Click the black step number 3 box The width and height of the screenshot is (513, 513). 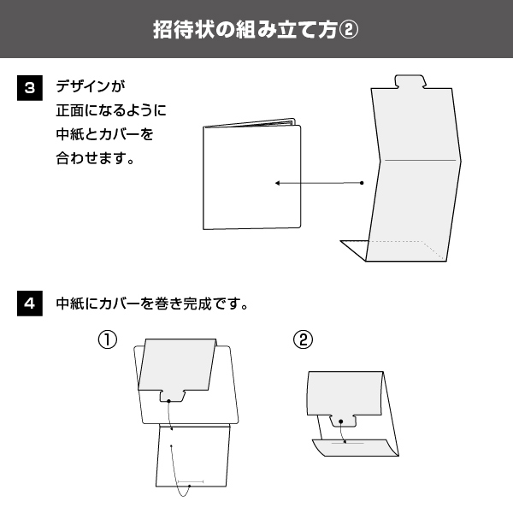(30, 88)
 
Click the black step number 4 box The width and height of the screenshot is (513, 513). (30, 304)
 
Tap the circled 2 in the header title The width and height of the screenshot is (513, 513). (348, 30)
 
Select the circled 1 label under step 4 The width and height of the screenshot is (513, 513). (108, 339)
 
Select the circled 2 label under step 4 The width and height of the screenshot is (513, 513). (303, 339)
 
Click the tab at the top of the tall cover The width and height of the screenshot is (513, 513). (410, 81)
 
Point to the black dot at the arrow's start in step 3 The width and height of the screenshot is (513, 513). (362, 183)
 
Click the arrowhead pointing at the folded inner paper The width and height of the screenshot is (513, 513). (277, 183)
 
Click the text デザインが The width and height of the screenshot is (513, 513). (91, 86)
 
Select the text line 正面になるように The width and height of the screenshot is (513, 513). (111, 110)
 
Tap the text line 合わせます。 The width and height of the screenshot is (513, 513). (95, 158)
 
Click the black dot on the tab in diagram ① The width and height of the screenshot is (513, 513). (168, 401)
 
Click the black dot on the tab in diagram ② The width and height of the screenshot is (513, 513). (340, 422)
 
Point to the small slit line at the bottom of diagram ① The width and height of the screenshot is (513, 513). (191, 481)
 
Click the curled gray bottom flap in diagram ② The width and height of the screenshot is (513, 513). (356, 447)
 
